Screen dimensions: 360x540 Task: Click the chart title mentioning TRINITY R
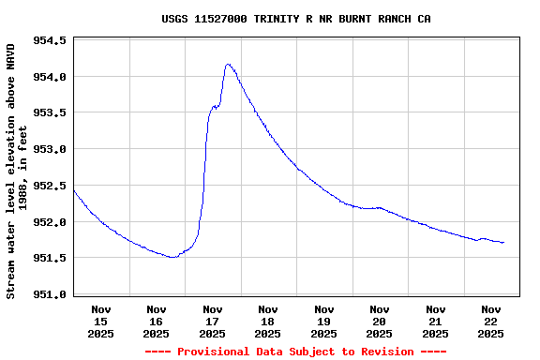coord(296,19)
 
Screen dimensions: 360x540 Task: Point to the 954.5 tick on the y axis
coord(50,41)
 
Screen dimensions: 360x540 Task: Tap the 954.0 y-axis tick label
coord(50,77)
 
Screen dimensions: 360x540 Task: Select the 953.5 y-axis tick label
coord(50,113)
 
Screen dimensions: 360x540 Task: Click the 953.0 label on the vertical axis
coord(50,150)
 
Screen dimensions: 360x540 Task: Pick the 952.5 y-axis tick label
coord(50,186)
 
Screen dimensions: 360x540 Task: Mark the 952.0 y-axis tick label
coord(50,222)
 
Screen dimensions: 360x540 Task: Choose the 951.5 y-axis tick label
coord(50,259)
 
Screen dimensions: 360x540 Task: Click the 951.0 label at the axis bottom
coord(50,294)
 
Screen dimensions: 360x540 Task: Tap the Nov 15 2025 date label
coord(101,321)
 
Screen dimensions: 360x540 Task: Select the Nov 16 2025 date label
coord(157,321)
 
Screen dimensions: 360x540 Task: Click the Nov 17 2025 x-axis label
coord(213,321)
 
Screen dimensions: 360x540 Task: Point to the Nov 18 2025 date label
coord(268,321)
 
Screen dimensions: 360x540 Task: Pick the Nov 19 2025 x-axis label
coord(323,321)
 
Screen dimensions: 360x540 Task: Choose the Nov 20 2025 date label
coord(380,321)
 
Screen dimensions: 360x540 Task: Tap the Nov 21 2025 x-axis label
coord(435,321)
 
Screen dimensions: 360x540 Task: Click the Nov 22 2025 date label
coord(490,321)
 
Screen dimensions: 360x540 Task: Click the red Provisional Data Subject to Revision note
coord(295,352)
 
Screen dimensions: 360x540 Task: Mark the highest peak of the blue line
coord(228,65)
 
